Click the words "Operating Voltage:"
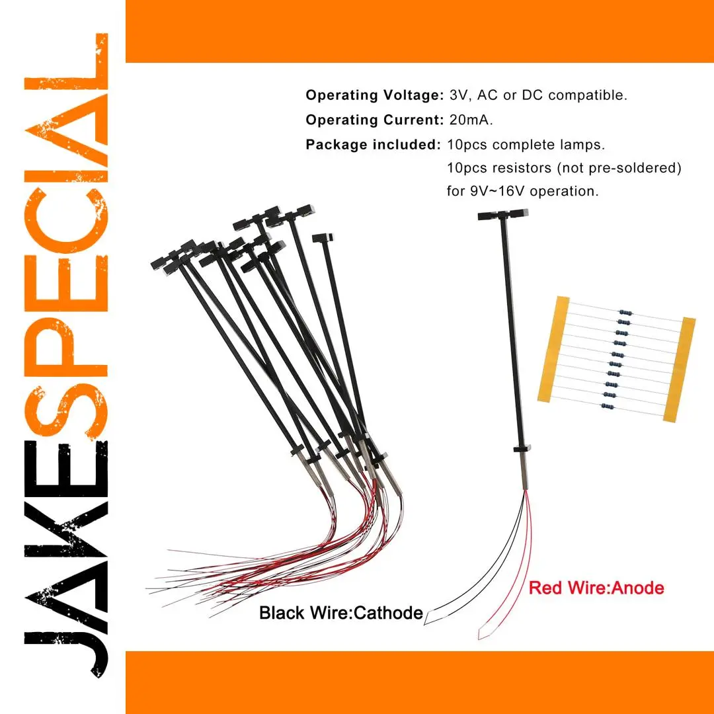(374, 95)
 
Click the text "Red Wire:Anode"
(597, 587)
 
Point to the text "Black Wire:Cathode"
(340, 613)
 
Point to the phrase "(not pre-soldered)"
(618, 169)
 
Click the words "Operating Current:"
(374, 120)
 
